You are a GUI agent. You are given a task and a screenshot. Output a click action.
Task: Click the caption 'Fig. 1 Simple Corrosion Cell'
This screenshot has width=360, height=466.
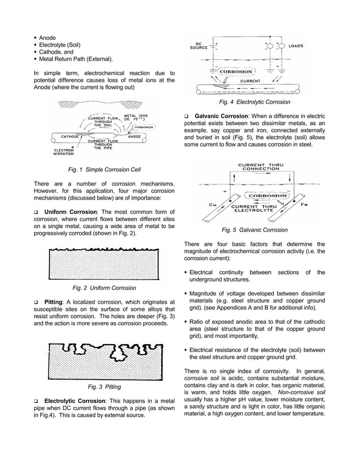pos(104,170)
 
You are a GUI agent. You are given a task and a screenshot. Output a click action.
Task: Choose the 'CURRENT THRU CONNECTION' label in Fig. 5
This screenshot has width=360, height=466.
pos(260,166)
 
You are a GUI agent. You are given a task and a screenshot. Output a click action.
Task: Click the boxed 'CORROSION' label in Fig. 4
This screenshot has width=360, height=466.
pos(236,72)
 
